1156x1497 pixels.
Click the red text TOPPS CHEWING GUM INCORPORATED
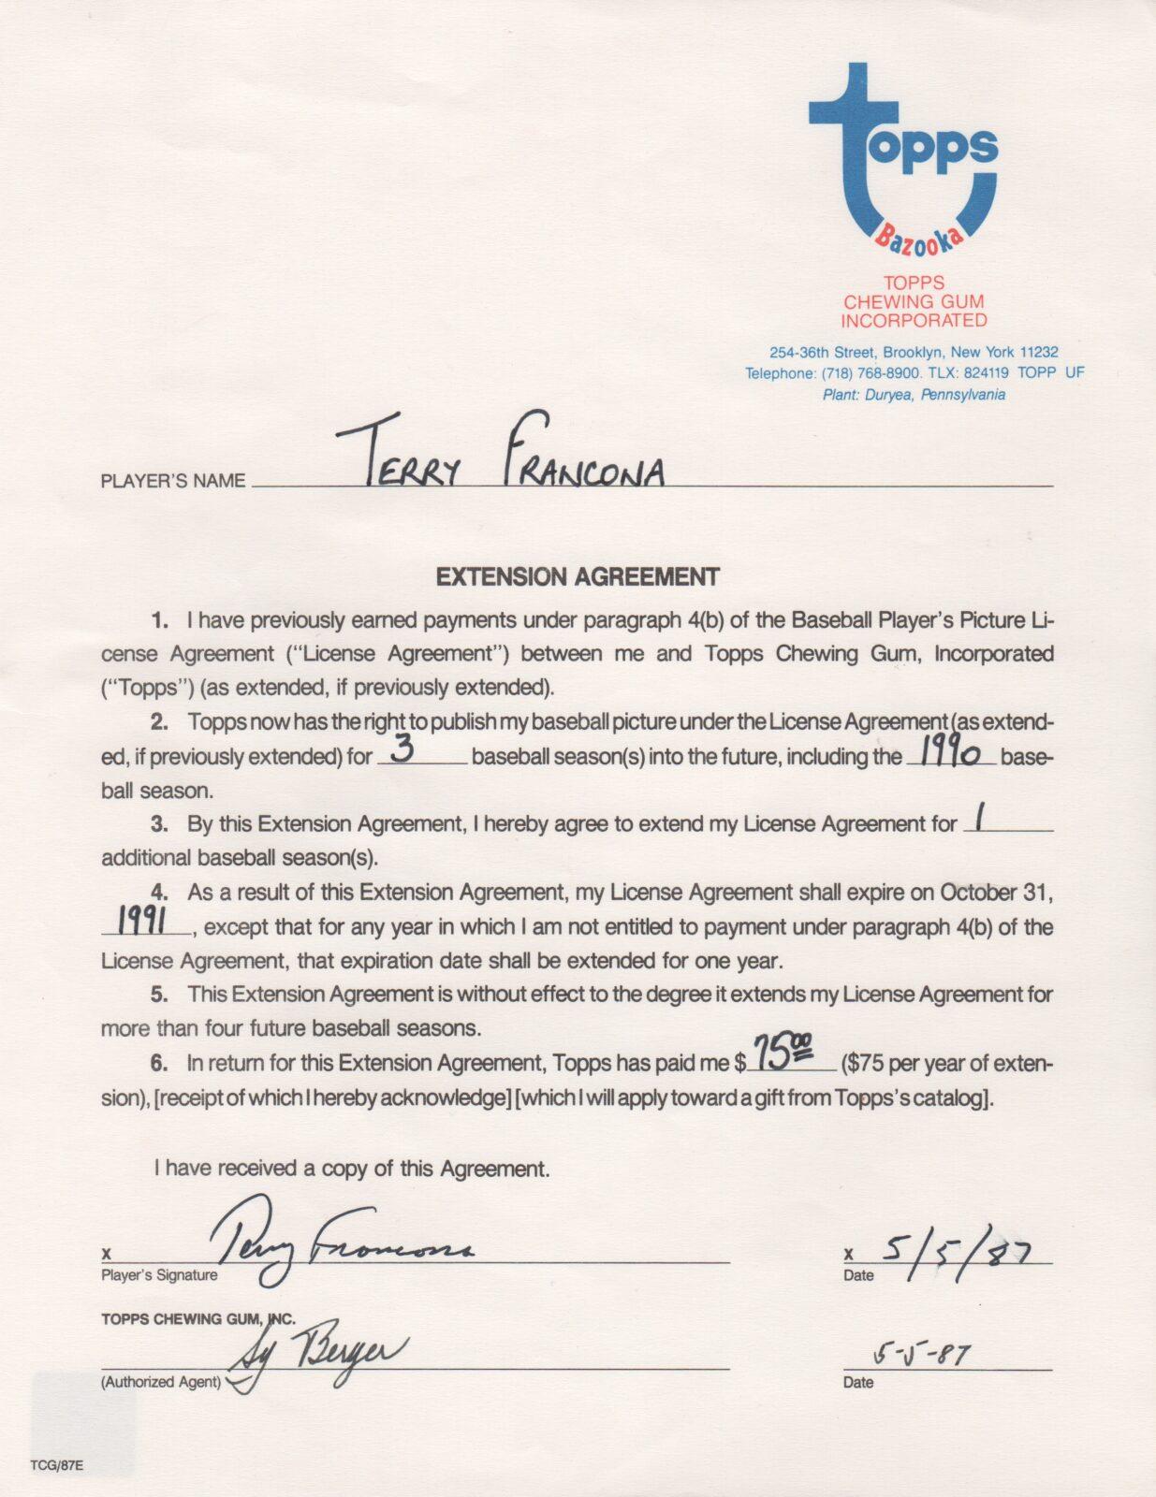[x=914, y=301]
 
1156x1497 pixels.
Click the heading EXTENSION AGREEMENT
[x=578, y=577]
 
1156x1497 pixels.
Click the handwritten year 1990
[x=949, y=753]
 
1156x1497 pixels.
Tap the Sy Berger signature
[x=318, y=1357]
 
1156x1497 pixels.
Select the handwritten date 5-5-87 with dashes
[x=921, y=1355]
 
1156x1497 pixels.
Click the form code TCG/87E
[x=56, y=1465]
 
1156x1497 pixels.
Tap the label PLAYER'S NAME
[x=173, y=482]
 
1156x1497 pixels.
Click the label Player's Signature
[x=159, y=1275]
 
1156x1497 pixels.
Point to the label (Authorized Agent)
[x=161, y=1382]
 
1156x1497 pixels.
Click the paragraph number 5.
[x=159, y=995]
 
